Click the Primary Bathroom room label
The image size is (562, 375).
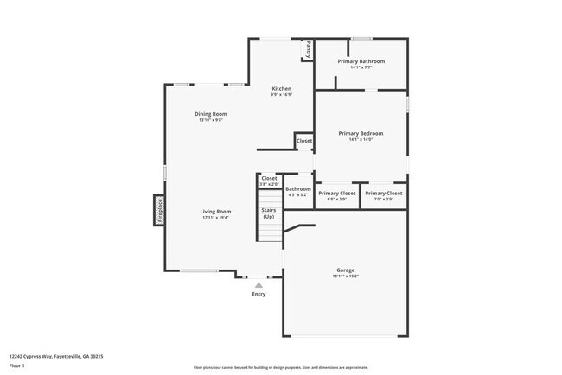click(x=361, y=61)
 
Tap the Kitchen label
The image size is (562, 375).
click(x=281, y=89)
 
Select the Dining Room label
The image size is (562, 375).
click(x=210, y=114)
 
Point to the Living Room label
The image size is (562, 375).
click(x=215, y=212)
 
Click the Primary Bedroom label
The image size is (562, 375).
click(x=360, y=133)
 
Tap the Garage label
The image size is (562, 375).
click(x=344, y=270)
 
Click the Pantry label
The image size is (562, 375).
click(x=306, y=50)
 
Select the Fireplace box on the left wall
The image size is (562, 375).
click(x=160, y=210)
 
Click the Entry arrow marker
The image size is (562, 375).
click(x=259, y=284)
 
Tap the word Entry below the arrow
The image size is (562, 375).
click(x=259, y=294)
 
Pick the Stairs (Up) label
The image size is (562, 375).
click(x=268, y=213)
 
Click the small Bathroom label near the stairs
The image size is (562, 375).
click(x=298, y=188)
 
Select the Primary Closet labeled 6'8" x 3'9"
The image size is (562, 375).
click(x=336, y=194)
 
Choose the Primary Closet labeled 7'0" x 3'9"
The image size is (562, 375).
click(x=383, y=194)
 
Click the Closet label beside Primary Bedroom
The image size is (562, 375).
click(x=304, y=141)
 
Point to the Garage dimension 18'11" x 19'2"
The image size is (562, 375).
click(x=344, y=276)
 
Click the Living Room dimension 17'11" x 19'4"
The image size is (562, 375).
click(x=215, y=218)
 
